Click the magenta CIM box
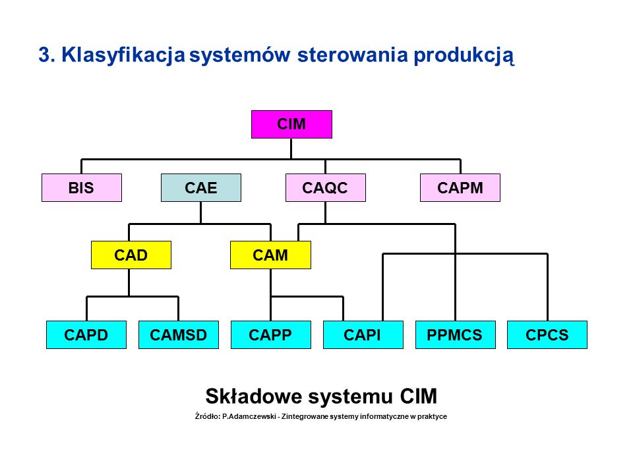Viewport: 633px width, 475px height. (x=291, y=125)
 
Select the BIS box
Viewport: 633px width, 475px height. (x=82, y=188)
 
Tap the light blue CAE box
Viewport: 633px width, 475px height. (x=201, y=188)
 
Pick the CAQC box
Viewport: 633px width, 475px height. (x=325, y=188)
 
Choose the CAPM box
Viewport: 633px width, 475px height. (x=460, y=188)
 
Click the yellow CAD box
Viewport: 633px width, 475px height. (x=131, y=255)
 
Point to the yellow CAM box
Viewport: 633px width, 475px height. (x=270, y=255)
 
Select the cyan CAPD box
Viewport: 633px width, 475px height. (x=86, y=335)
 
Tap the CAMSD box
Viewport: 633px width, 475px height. (x=179, y=335)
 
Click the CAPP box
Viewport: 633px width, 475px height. (x=271, y=335)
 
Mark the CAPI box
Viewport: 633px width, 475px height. (x=363, y=335)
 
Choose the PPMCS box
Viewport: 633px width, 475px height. (x=456, y=335)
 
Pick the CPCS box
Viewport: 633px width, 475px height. (x=547, y=335)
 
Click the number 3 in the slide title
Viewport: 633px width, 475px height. (x=44, y=55)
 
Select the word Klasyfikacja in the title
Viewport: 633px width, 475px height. (x=123, y=55)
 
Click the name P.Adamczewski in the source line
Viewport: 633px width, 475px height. (x=249, y=416)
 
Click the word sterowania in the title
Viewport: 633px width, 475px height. (x=352, y=55)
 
